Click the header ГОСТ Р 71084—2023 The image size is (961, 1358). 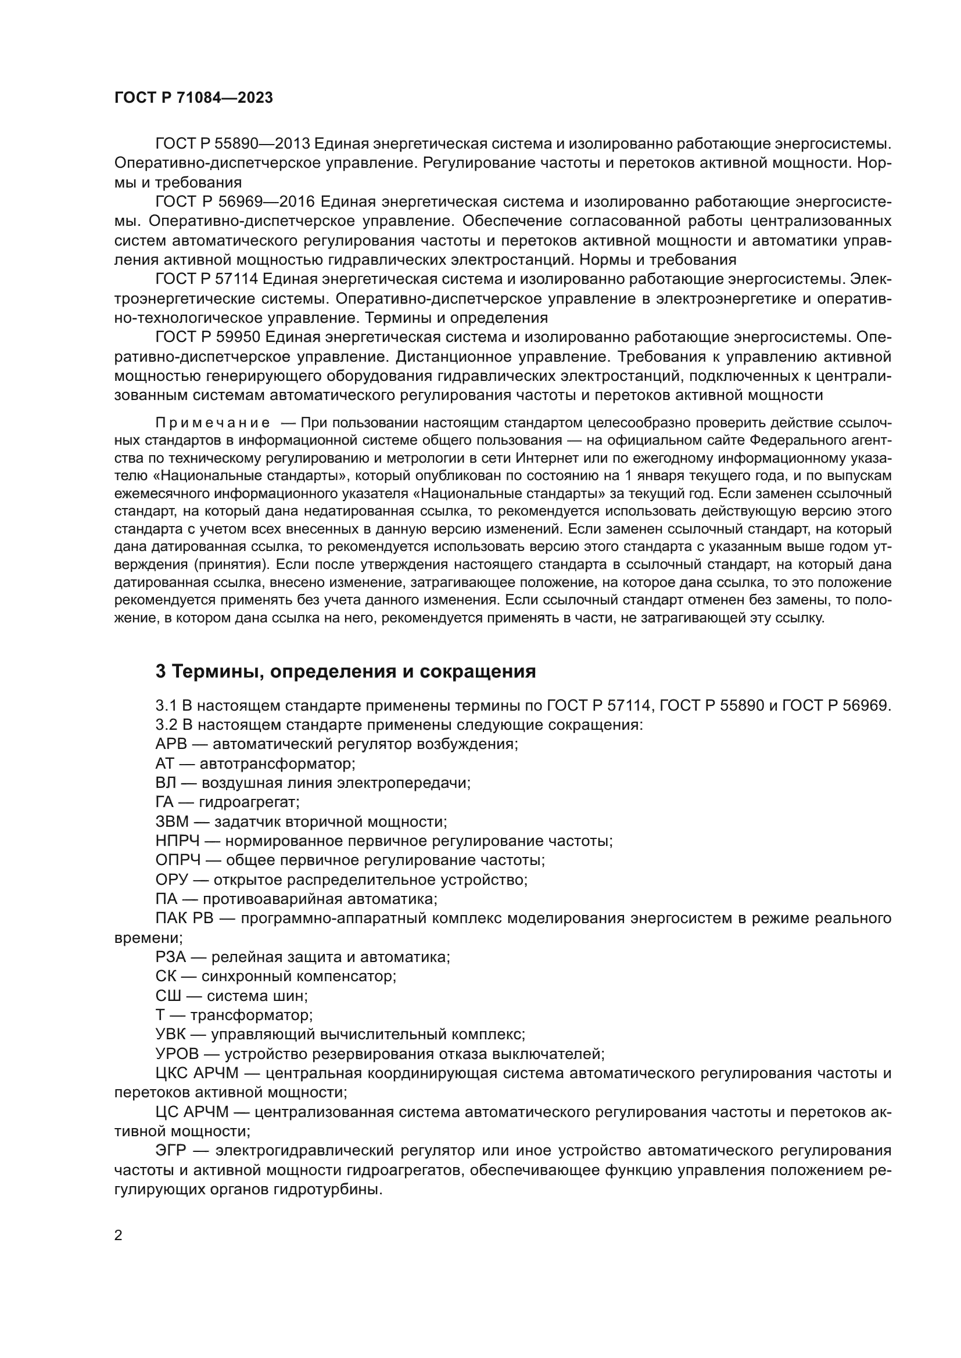tap(193, 98)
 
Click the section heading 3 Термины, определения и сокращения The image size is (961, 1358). tap(346, 671)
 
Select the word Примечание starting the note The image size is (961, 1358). tap(213, 423)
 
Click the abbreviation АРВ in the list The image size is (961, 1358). tap(171, 744)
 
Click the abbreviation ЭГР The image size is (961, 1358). tap(171, 1150)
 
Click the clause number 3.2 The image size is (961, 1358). tap(166, 725)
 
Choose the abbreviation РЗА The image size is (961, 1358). tap(170, 957)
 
